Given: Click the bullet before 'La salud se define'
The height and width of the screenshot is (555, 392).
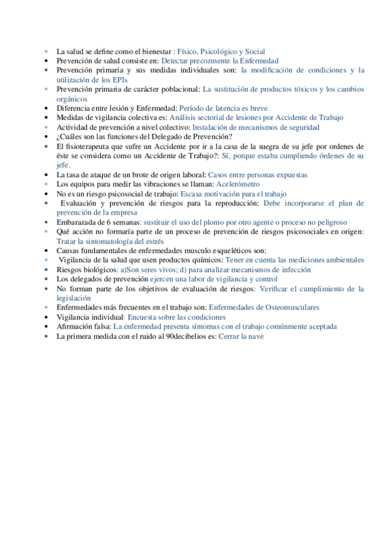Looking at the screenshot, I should coord(46,51).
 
